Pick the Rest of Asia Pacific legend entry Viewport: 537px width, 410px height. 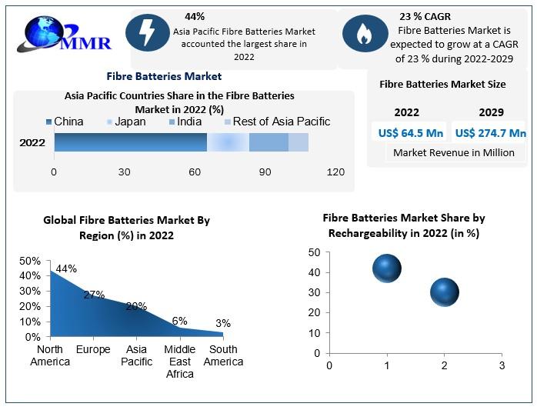point(276,122)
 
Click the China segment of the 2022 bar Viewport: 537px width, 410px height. point(130,142)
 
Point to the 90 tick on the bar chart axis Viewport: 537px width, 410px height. point(265,172)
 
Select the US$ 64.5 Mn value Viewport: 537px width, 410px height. point(411,133)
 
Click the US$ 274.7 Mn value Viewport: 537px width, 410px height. point(490,133)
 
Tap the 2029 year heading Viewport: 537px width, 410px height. point(491,112)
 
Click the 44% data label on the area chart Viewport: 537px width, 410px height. point(66,268)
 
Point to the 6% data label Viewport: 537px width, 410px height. point(179,321)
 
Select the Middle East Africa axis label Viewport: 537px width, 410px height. point(179,362)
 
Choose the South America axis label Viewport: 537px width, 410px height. point(223,355)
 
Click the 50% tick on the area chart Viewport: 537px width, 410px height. point(30,261)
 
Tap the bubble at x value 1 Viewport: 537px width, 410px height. point(387,269)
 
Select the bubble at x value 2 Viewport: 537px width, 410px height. point(444,292)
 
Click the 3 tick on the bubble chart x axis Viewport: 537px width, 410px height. point(502,365)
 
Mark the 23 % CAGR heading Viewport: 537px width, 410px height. point(425,16)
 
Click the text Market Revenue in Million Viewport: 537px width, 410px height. point(453,152)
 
